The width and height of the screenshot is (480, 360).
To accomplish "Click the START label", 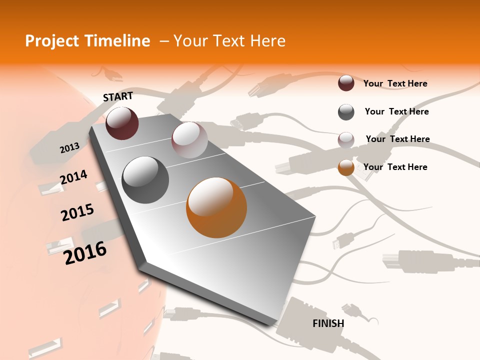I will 118,96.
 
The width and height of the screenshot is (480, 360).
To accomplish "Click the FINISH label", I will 328,323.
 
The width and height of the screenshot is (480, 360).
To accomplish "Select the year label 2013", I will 69,147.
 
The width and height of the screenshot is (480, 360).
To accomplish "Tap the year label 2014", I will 73,177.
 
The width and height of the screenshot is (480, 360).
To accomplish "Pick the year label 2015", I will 77,212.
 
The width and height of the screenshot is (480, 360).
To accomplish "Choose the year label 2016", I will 85,252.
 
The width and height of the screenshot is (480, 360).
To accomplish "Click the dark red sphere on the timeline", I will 122,123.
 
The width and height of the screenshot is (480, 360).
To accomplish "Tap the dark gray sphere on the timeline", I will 145,179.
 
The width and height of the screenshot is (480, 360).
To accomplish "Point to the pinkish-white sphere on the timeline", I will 189,140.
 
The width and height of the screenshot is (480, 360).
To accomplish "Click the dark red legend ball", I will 346,83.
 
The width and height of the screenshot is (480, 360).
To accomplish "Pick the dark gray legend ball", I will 346,112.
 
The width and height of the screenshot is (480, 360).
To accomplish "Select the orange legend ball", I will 346,167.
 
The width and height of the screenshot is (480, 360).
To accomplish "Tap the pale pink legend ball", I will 346,139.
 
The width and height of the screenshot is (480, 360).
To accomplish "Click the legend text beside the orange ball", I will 395,167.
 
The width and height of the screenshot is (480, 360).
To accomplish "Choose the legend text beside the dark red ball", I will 395,83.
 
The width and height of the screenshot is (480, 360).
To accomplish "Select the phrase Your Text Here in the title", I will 229,41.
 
